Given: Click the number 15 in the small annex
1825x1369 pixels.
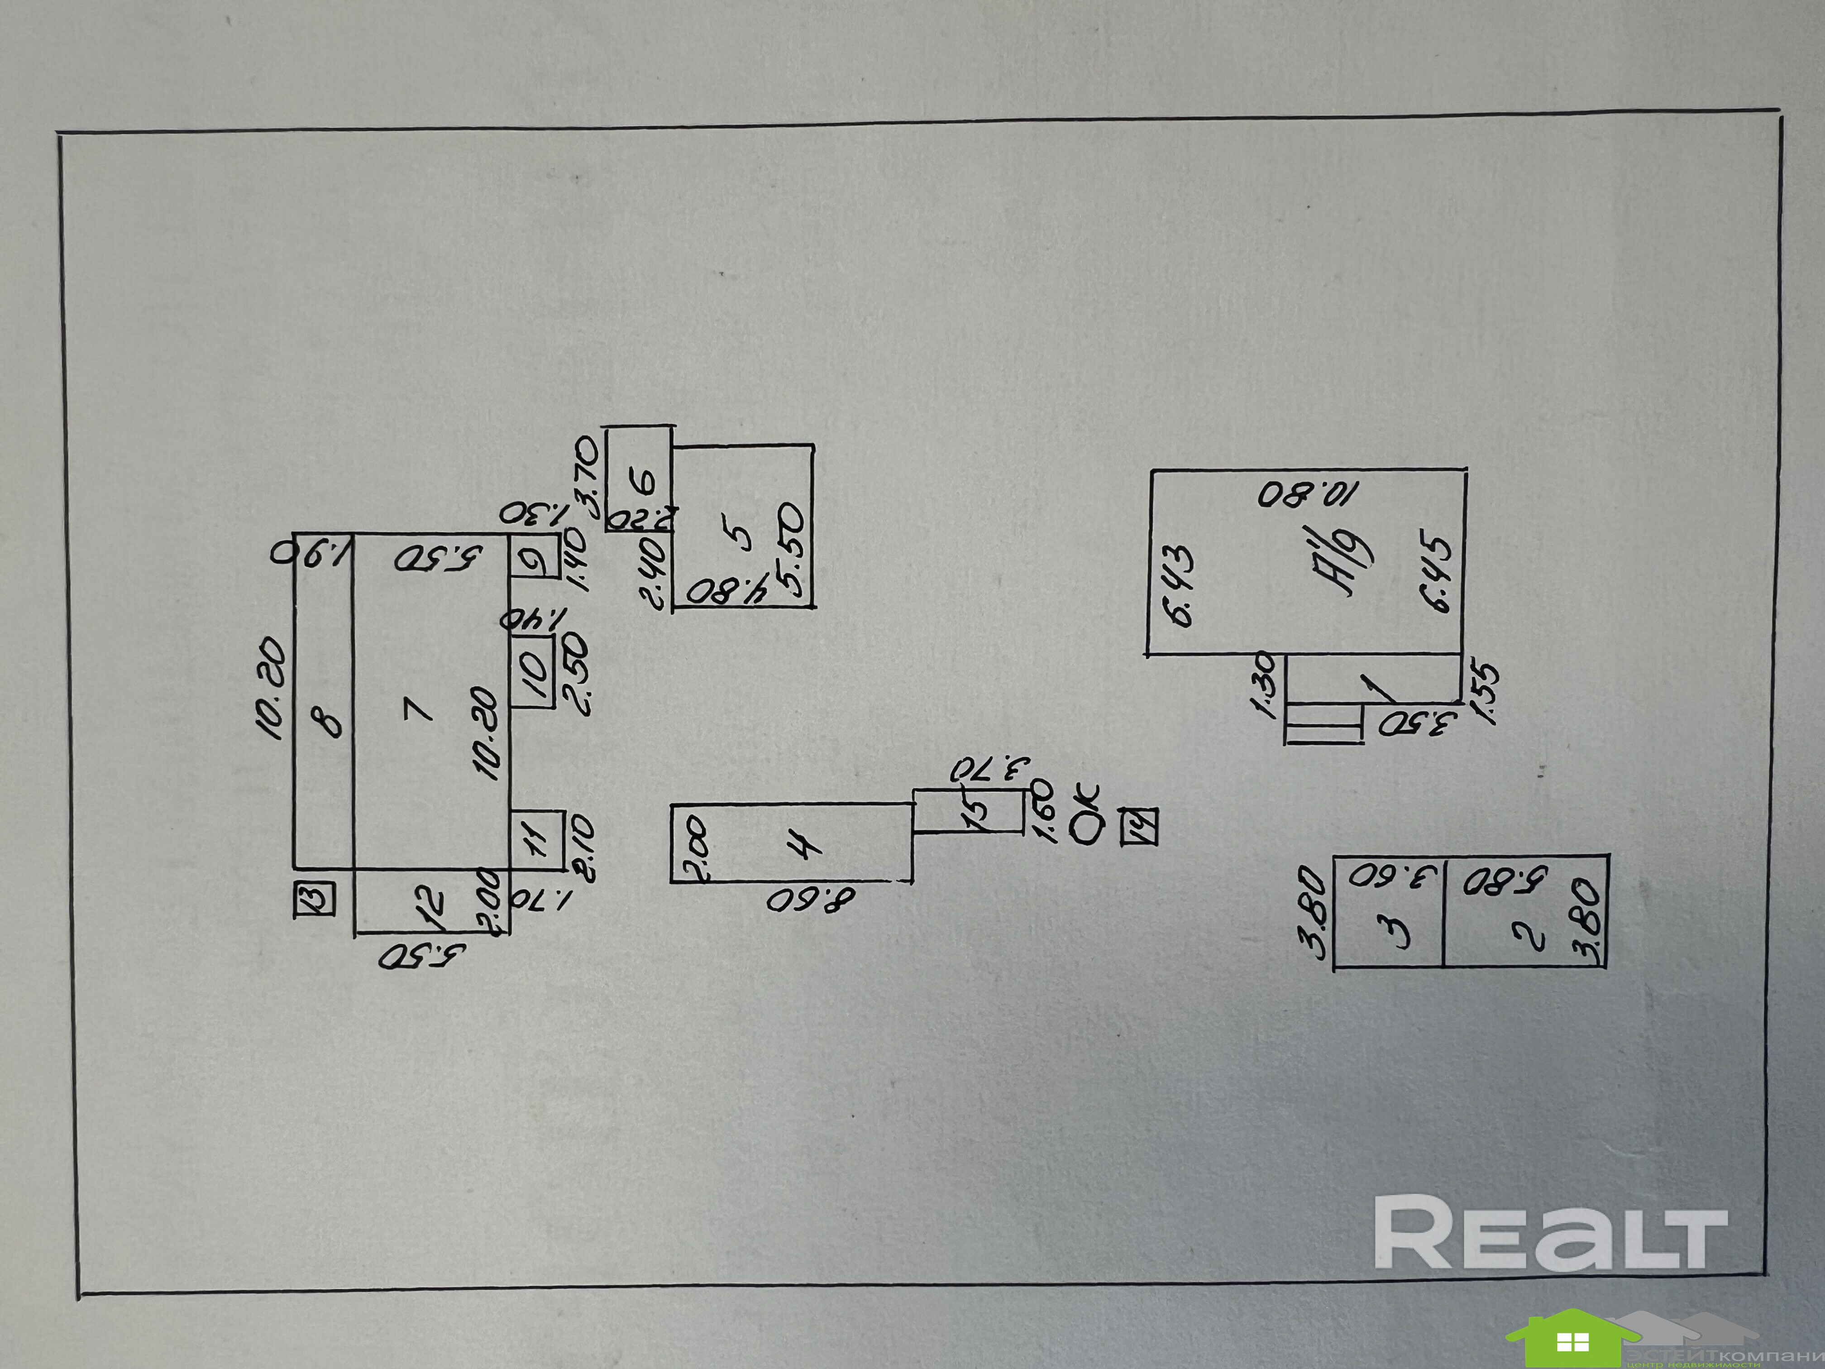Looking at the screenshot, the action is [x=976, y=809].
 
